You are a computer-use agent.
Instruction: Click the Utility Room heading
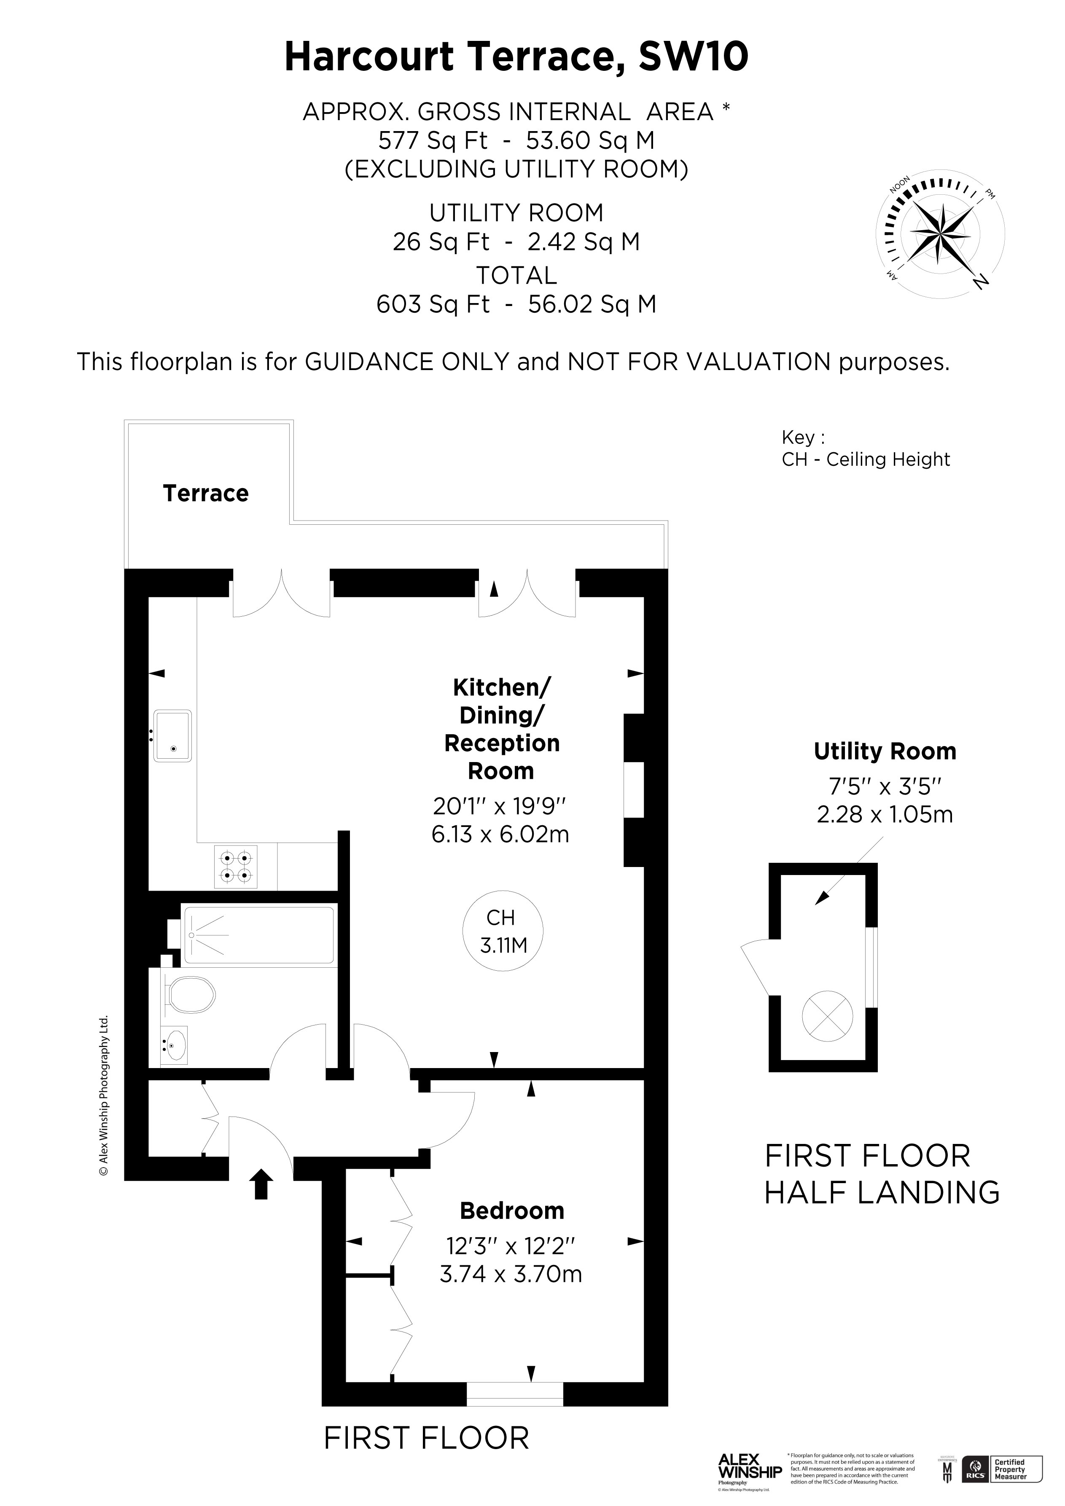tap(885, 751)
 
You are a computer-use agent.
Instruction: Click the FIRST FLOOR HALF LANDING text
tap(881, 1174)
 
